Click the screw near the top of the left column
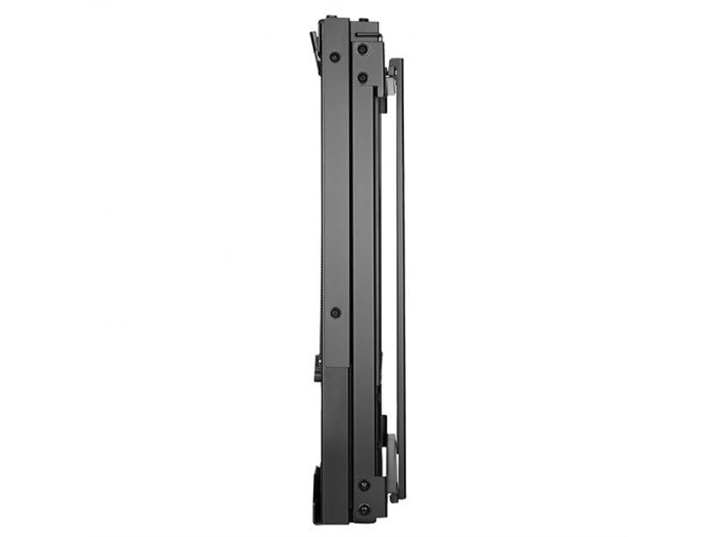(x=335, y=57)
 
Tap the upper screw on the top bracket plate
(x=362, y=50)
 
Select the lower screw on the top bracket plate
(x=362, y=78)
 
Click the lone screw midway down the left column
(x=335, y=312)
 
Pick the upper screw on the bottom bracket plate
(x=363, y=484)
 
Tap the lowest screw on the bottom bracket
(x=363, y=510)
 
